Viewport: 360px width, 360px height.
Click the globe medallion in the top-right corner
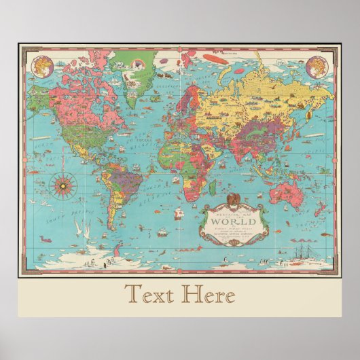(316, 67)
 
